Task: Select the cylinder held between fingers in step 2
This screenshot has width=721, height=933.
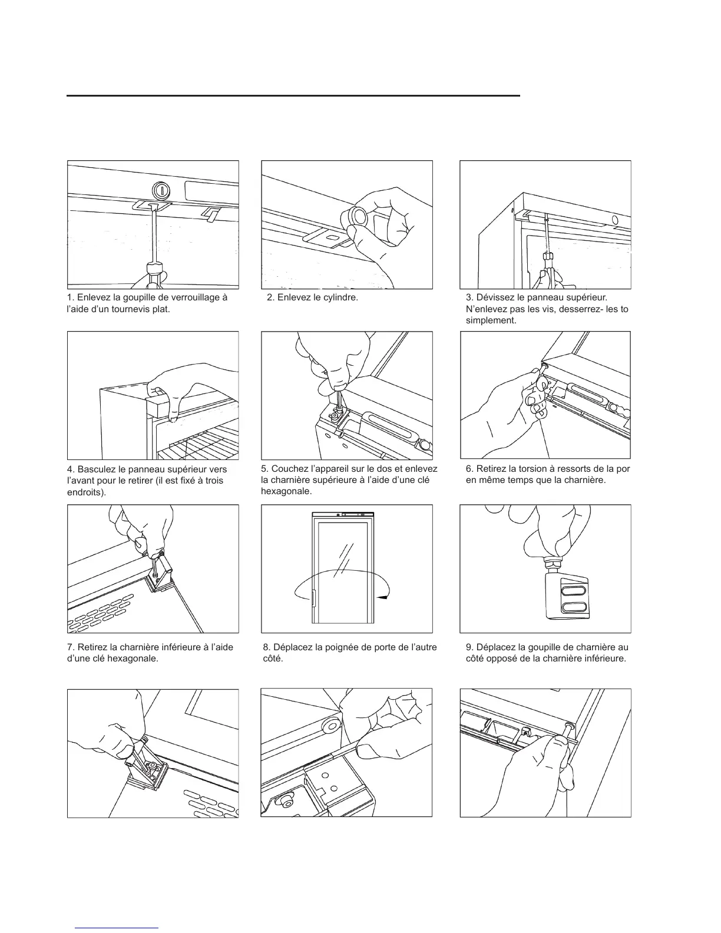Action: [x=357, y=216]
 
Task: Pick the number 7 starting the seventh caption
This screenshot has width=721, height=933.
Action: [x=71, y=647]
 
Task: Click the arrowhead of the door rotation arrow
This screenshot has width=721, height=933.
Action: [x=383, y=597]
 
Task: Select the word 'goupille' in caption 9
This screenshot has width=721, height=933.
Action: [x=546, y=647]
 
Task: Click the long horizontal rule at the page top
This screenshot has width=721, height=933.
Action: [x=293, y=95]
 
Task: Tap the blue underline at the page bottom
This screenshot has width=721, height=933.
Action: [x=117, y=928]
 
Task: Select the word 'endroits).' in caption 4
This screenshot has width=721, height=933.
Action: [x=87, y=492]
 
